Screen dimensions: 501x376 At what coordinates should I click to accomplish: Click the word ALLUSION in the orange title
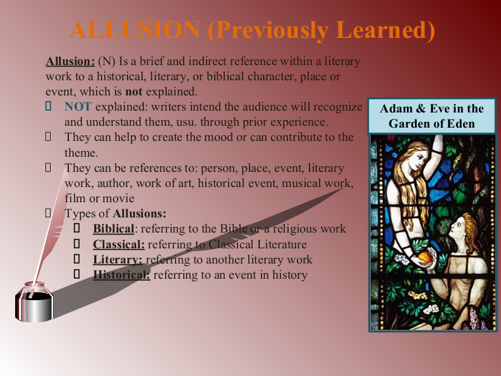point(135,30)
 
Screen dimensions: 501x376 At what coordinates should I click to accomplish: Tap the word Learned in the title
point(385,30)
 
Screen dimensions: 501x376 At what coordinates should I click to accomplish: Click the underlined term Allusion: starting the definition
point(70,61)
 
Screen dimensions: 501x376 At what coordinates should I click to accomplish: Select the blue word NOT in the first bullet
point(78,106)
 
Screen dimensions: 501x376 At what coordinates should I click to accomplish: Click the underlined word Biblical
point(114,229)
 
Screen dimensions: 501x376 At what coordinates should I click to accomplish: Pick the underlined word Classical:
point(119,244)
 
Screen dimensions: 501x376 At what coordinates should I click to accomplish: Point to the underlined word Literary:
point(118,260)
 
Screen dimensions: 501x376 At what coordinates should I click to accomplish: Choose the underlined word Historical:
point(121,275)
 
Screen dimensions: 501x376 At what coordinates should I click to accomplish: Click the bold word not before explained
point(134,92)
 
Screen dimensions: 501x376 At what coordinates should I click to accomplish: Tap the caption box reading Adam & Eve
point(432,116)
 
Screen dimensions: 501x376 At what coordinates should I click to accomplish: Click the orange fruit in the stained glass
point(425,257)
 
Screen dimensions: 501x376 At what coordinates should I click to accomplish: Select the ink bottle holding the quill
point(34,302)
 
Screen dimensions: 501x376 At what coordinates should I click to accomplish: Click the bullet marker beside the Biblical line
point(76,228)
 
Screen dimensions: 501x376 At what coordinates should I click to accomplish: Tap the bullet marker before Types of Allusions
point(48,213)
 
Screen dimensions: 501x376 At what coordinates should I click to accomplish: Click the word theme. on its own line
point(81,153)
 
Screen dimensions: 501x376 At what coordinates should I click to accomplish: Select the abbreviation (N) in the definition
point(107,61)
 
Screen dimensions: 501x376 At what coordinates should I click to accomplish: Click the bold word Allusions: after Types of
point(140,213)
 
